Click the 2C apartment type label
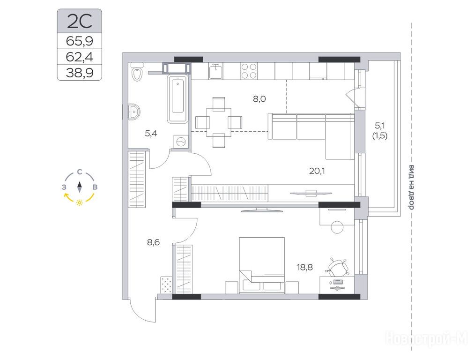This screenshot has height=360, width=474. point(80,21)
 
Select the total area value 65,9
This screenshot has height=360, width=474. point(80,41)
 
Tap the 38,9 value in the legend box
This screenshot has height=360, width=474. point(80,73)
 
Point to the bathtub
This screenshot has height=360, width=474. point(178,99)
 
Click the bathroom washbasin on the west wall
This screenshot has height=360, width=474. point(133,112)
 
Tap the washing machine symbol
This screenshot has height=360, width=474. point(181,141)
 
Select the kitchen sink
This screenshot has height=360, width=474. point(215,71)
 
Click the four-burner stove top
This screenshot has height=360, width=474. point(249,71)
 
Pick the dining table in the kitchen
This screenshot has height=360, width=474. point(219,122)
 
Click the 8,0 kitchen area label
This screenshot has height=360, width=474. point(259,99)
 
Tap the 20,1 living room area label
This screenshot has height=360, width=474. point(317,171)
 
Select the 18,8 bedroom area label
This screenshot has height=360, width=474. point(305,268)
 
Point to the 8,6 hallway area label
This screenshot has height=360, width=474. point(153,242)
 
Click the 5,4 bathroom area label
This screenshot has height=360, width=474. point(151,134)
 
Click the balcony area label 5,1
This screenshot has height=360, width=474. point(380,125)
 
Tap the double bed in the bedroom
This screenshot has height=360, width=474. point(262,265)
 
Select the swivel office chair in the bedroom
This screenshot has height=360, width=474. point(336,267)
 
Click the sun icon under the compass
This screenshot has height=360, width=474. point(80,202)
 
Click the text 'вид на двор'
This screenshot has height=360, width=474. point(411,187)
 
